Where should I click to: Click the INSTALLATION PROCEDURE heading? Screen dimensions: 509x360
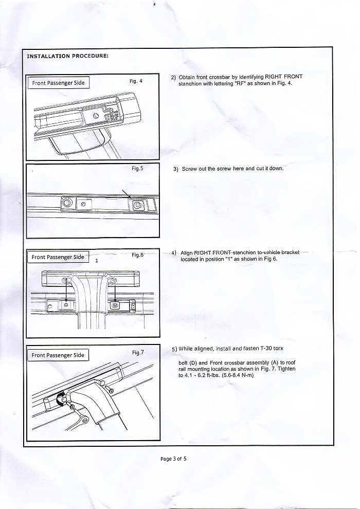tap(67, 56)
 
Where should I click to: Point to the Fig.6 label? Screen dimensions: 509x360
tap(137, 254)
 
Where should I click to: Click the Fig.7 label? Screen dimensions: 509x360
tap(138, 352)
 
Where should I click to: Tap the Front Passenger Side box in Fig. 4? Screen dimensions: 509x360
tap(58, 82)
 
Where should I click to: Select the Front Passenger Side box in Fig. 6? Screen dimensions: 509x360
tap(58, 257)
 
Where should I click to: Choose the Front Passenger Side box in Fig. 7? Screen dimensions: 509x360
tap(58, 355)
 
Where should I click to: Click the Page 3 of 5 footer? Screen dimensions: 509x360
tap(173, 459)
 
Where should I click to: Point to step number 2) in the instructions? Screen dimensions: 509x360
tap(173, 77)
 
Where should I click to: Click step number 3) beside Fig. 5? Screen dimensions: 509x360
tap(176, 169)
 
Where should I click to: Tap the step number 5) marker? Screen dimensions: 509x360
tap(174, 349)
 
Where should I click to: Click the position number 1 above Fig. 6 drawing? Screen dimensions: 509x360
tap(97, 261)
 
